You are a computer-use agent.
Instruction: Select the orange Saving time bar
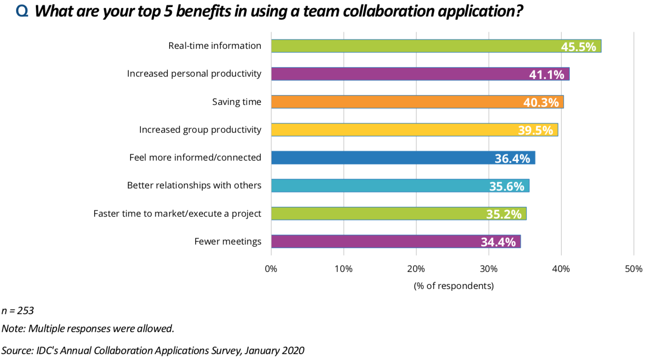(395, 102)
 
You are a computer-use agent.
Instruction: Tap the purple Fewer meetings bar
(373, 241)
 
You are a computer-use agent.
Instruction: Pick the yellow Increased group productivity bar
(391, 130)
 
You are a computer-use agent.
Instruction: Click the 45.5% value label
(578, 47)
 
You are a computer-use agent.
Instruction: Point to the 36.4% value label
(512, 158)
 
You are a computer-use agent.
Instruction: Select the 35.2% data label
(504, 214)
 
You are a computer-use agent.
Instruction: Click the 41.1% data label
(546, 75)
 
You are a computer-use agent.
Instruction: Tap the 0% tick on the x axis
(271, 269)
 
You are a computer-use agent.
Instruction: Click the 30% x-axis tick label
(488, 269)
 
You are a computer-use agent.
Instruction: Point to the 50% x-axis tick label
(633, 269)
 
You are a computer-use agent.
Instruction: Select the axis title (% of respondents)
(453, 286)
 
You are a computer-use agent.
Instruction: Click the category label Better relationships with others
(194, 185)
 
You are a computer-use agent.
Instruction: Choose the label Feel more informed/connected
(195, 158)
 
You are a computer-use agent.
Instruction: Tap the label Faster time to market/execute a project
(177, 214)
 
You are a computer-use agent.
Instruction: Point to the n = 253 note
(18, 311)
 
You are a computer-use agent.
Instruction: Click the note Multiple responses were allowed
(101, 329)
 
